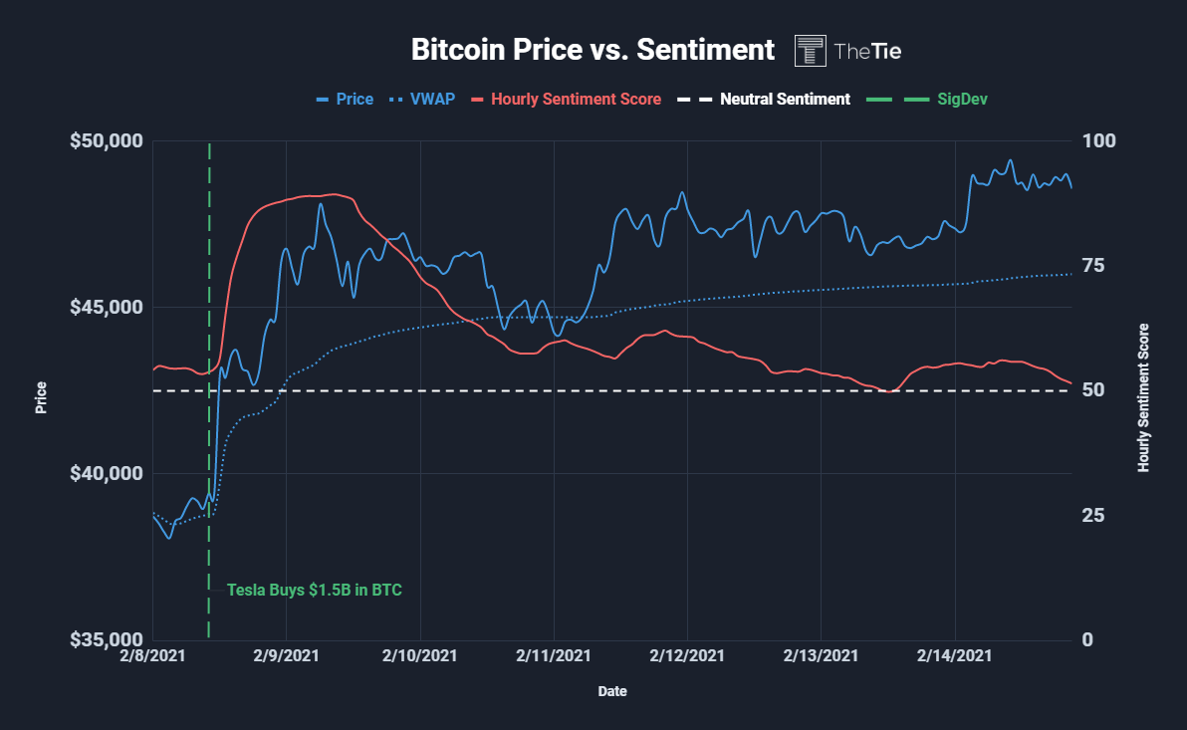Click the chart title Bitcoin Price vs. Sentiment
click(x=593, y=50)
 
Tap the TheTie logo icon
click(x=810, y=51)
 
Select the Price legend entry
click(x=345, y=100)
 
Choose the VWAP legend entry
click(x=423, y=100)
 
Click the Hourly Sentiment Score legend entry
click(x=566, y=100)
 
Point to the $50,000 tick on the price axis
click(x=107, y=141)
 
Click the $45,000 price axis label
click(x=107, y=307)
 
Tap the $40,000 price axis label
click(x=107, y=473)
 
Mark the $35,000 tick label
click(x=107, y=639)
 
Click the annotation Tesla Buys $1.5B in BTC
click(x=315, y=590)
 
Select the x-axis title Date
click(x=612, y=690)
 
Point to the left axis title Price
click(x=41, y=398)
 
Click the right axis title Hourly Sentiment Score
click(x=1143, y=397)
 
